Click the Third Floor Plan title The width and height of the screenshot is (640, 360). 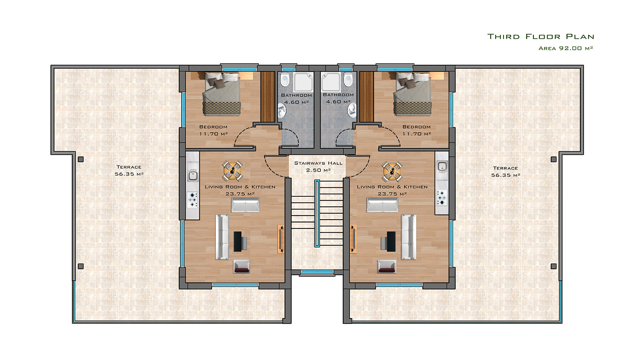coord(540,36)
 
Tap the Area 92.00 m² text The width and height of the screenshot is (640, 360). coord(566,48)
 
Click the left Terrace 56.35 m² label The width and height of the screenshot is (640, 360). coord(129,170)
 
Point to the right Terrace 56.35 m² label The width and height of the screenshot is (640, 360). coord(506,172)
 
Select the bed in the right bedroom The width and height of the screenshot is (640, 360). coord(412,94)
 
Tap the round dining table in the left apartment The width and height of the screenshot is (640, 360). coord(232,171)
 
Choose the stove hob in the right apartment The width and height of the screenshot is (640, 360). coord(442,198)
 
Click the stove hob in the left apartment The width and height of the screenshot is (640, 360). coord(192,199)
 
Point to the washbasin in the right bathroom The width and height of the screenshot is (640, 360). coord(352,110)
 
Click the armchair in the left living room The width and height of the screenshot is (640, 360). coord(242,266)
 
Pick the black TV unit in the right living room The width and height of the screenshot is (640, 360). coord(392,242)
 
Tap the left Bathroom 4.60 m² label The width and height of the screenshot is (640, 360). coord(296,98)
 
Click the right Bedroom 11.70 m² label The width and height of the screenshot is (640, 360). coord(416,130)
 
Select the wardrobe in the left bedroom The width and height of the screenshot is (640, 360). coord(268,96)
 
